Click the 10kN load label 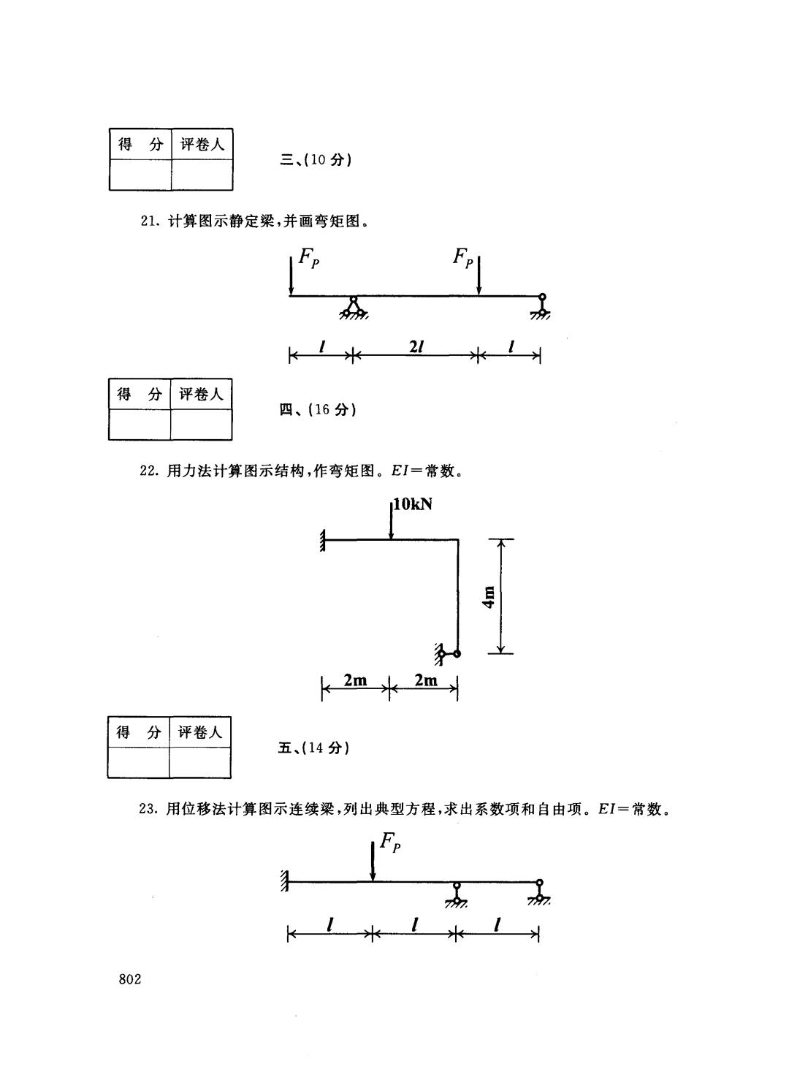[x=413, y=504]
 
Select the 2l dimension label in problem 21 [x=416, y=347]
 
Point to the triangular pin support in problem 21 [x=354, y=308]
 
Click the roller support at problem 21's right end [x=541, y=307]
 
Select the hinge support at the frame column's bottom [x=448, y=653]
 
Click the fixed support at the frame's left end [x=321, y=541]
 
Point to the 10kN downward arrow [x=391, y=520]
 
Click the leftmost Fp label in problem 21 [x=309, y=258]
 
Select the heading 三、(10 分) [x=316, y=160]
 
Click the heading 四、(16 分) [x=318, y=409]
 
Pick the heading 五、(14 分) [x=313, y=748]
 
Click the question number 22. [x=148, y=471]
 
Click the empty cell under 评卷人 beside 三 [x=202, y=175]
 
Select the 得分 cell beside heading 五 [x=139, y=732]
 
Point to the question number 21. [x=148, y=221]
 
